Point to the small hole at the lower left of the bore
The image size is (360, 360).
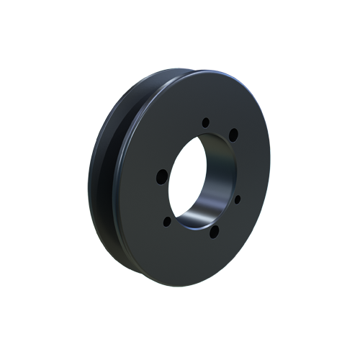point(167,221)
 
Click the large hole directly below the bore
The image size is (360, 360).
point(212,231)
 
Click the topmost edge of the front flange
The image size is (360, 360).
point(209,70)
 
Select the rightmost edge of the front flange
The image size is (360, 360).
point(270,173)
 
